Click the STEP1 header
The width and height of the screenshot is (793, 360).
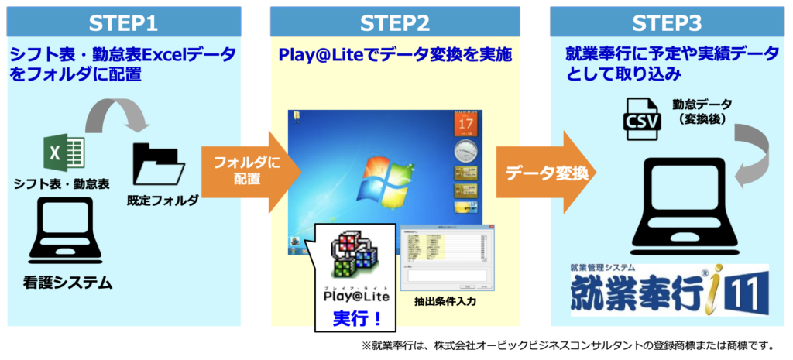pyautogui.click(x=123, y=22)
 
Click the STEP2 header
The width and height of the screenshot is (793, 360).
pyautogui.click(x=396, y=22)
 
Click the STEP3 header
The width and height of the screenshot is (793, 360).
pyautogui.click(x=667, y=22)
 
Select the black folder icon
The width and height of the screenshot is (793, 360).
pyautogui.click(x=159, y=164)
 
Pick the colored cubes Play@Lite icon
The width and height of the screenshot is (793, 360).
pyautogui.click(x=355, y=256)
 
